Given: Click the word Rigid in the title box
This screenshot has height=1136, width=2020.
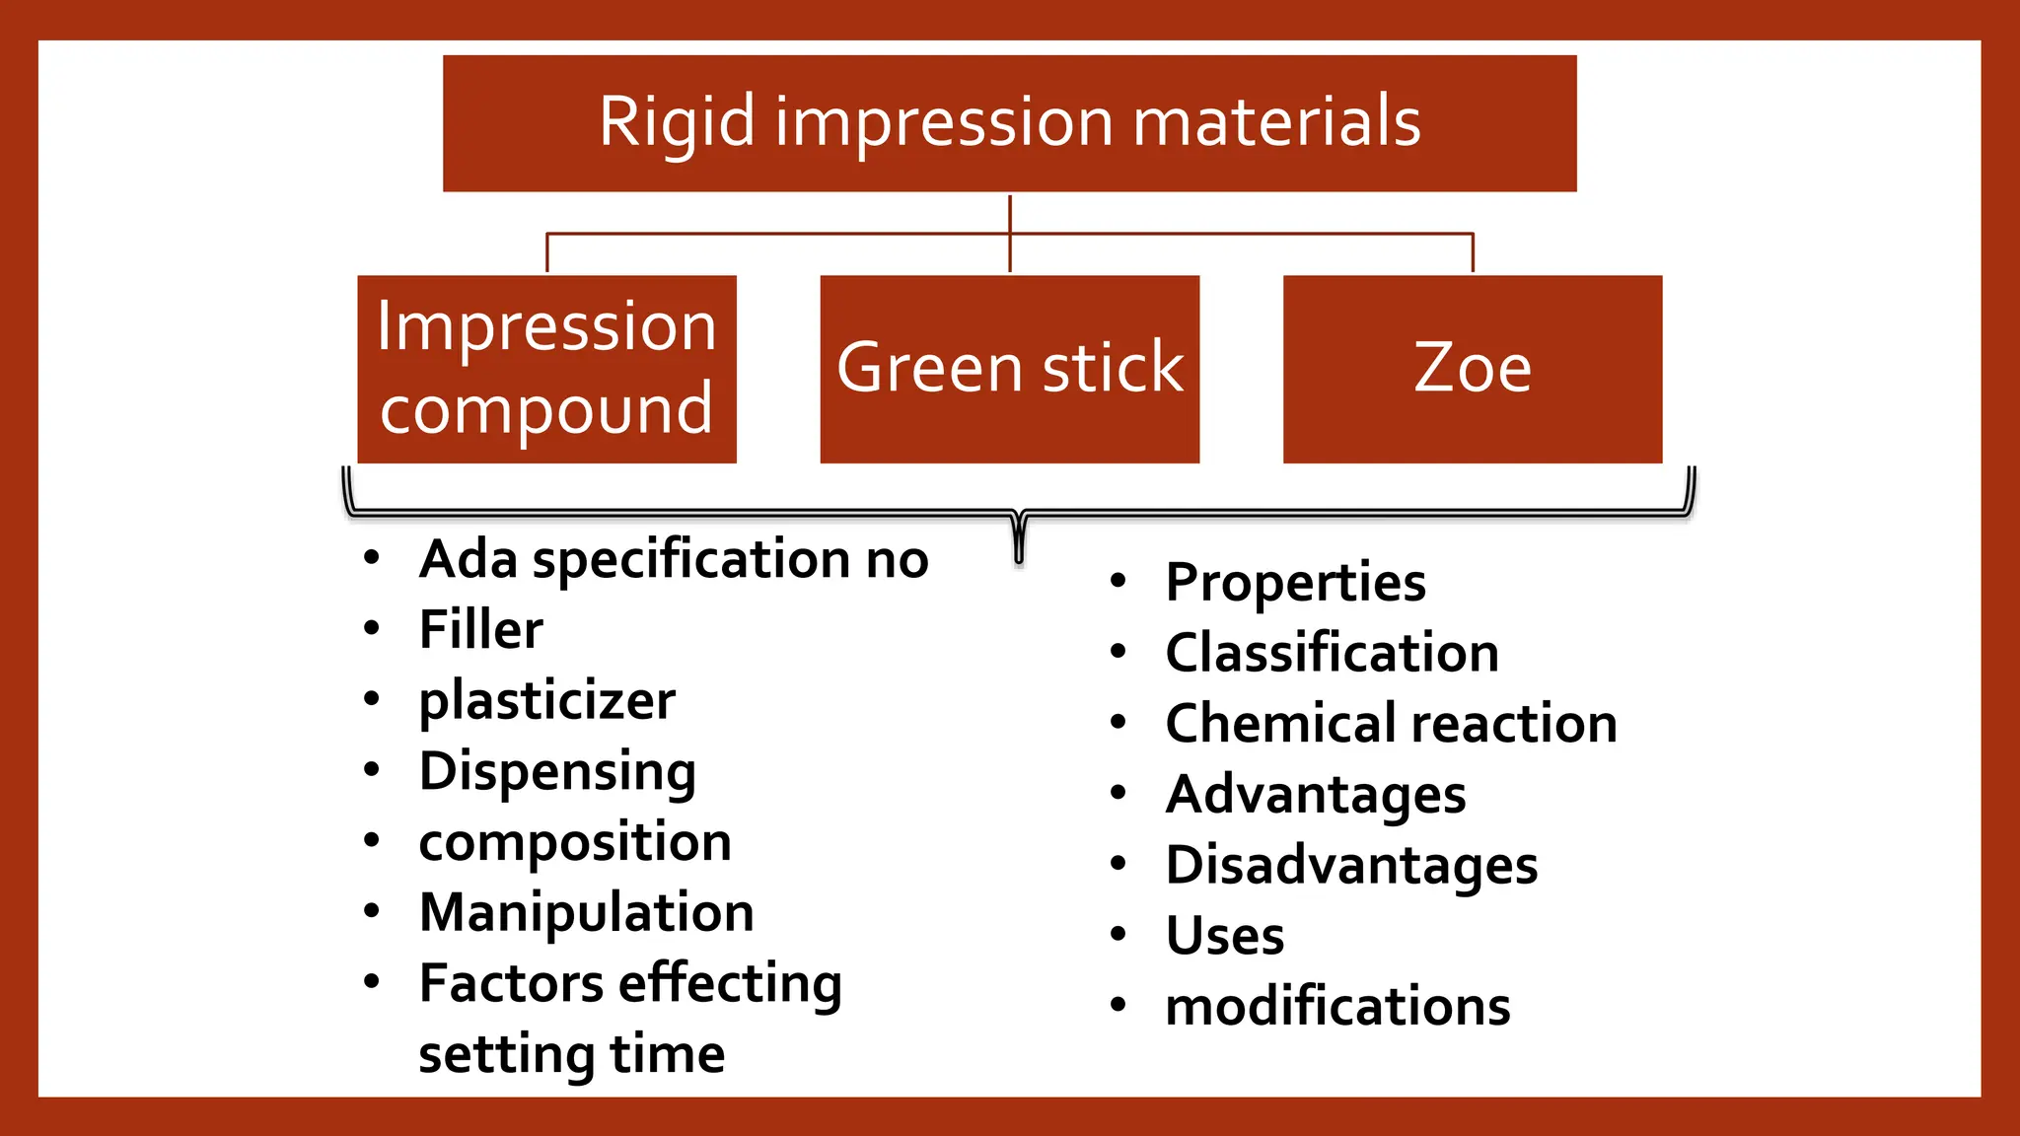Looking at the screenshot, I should pyautogui.click(x=677, y=122).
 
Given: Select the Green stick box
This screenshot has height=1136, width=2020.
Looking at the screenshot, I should pyautogui.click(x=1009, y=369).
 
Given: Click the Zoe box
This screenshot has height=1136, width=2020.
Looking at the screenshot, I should pyautogui.click(x=1472, y=369).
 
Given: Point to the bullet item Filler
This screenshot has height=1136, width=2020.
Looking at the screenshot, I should pyautogui.click(x=480, y=629).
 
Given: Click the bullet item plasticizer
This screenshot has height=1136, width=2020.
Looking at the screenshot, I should pyautogui.click(x=546, y=701).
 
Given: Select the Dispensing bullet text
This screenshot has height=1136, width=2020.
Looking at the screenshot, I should pyautogui.click(x=557, y=771).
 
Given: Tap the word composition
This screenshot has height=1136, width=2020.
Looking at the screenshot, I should pyautogui.click(x=575, y=842).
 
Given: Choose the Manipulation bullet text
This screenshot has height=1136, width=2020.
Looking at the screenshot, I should pyautogui.click(x=586, y=912).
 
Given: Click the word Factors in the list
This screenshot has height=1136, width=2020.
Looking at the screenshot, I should pyautogui.click(x=511, y=983).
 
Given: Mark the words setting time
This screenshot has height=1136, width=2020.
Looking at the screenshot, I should pyautogui.click(x=571, y=1054).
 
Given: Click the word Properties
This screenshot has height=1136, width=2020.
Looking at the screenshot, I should pyautogui.click(x=1295, y=582).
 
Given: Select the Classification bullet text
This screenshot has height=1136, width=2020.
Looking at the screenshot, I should pyautogui.click(x=1332, y=653).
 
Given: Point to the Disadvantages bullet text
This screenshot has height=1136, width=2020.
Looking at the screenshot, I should pyautogui.click(x=1351, y=865).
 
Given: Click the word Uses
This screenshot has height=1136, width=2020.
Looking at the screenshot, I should pyautogui.click(x=1225, y=936).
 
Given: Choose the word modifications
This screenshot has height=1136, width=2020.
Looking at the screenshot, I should pyautogui.click(x=1337, y=1007).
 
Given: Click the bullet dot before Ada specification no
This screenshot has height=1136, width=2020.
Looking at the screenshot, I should pyautogui.click(x=372, y=558).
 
